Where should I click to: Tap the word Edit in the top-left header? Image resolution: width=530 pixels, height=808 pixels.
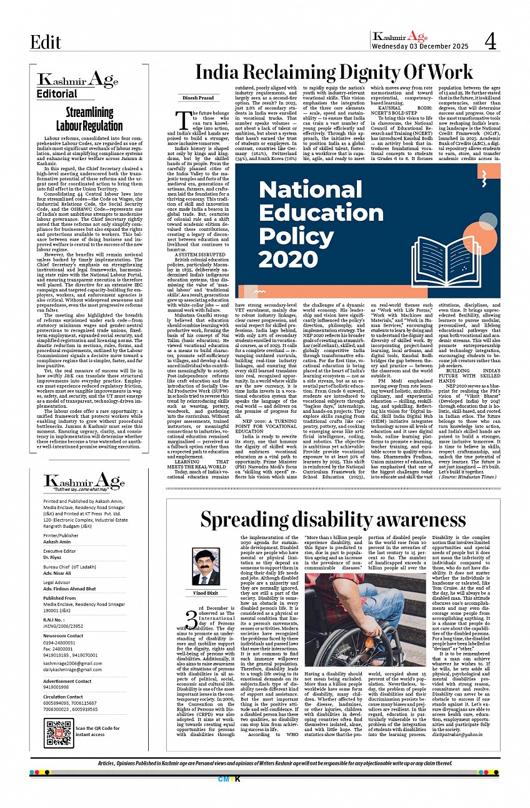(x=46, y=42)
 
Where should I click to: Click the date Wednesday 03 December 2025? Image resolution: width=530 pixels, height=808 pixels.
(x=418, y=46)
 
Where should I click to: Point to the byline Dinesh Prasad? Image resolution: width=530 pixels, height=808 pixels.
(x=198, y=98)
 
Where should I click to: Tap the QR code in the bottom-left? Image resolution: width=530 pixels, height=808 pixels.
(x=59, y=733)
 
